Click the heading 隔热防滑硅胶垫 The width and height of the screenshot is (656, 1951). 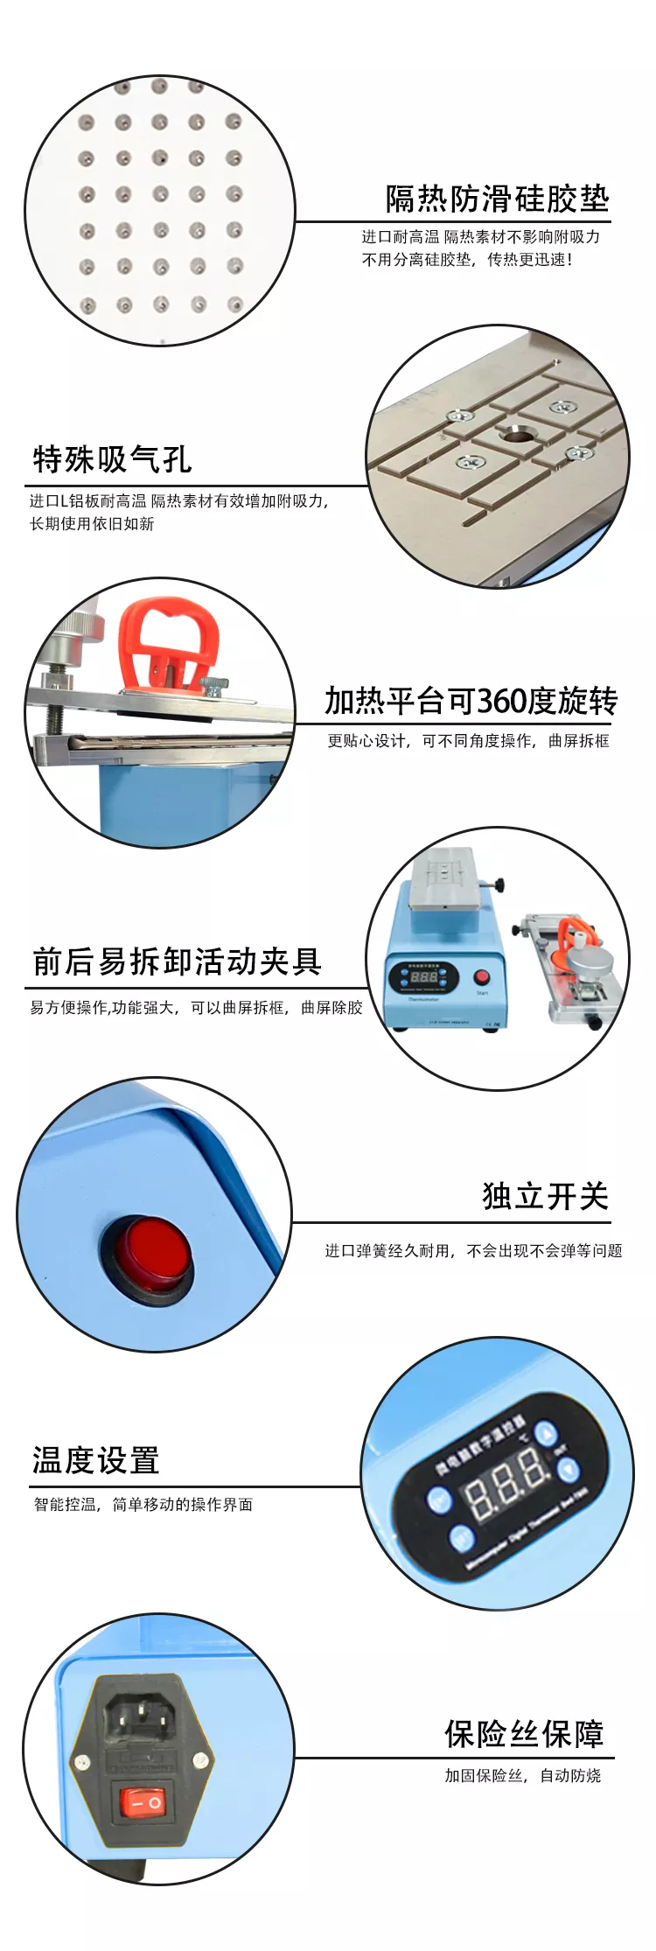click(497, 199)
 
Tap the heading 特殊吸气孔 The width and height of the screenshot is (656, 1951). click(112, 459)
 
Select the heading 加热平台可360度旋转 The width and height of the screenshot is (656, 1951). click(471, 701)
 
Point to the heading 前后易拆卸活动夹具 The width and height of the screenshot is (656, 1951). click(178, 962)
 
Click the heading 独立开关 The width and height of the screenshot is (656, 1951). click(545, 1196)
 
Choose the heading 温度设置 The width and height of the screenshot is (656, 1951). click(96, 1460)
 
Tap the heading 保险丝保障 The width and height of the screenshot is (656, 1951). click(524, 1733)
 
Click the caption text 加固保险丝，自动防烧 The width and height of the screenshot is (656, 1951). click(522, 1775)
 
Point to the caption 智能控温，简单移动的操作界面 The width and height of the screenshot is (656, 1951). click(143, 1504)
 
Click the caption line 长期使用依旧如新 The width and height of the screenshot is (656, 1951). click(92, 523)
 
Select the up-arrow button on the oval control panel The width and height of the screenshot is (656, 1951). click(546, 1434)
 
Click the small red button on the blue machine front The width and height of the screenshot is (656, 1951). click(481, 977)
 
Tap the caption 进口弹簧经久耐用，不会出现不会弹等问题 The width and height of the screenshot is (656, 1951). click(473, 1250)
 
